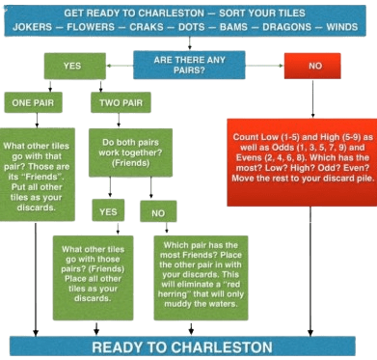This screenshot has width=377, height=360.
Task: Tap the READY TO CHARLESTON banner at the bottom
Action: (x=188, y=346)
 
